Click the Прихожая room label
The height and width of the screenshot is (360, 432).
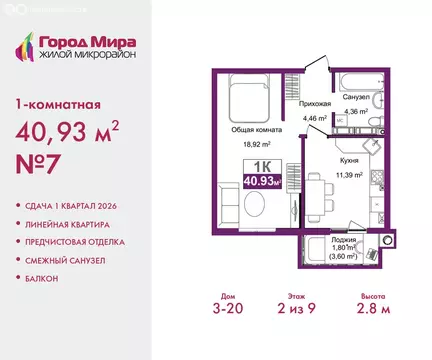pos(315,104)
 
